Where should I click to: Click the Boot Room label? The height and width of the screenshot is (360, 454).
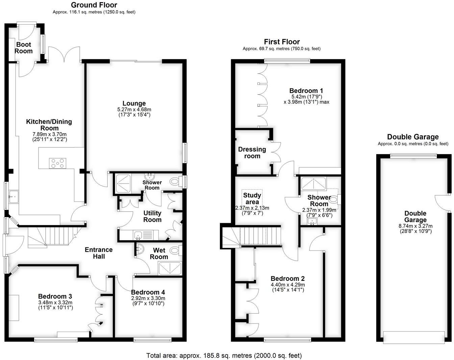pyautogui.click(x=24, y=48)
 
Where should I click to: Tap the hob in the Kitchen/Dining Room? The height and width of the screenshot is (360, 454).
pyautogui.click(x=58, y=163)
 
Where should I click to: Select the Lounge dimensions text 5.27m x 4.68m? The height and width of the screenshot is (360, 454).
pyautogui.click(x=134, y=110)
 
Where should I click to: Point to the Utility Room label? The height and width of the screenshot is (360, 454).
pyautogui.click(x=152, y=216)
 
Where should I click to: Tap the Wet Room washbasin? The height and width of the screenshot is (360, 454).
pyautogui.click(x=140, y=249)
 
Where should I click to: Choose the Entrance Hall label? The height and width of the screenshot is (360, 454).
pyautogui.click(x=99, y=253)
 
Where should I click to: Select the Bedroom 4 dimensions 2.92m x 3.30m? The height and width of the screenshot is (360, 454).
pyautogui.click(x=148, y=298)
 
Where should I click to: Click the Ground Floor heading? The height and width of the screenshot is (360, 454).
pyautogui.click(x=94, y=5)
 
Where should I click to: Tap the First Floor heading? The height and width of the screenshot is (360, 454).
pyautogui.click(x=282, y=42)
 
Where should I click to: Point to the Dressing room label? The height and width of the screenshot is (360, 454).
pyautogui.click(x=252, y=152)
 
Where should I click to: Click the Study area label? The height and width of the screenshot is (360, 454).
pyautogui.click(x=252, y=198)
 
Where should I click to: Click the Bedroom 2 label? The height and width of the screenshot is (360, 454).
pyautogui.click(x=288, y=279)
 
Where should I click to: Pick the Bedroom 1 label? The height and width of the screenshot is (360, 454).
pyautogui.click(x=306, y=91)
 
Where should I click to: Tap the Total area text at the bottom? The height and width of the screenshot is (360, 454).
pyautogui.click(x=224, y=355)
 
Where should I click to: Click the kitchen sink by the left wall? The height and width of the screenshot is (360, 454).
pyautogui.click(x=14, y=196)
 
